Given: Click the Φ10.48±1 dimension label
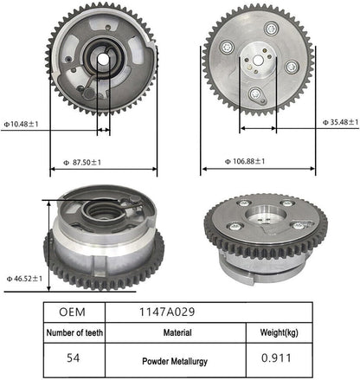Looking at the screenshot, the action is click(21, 125).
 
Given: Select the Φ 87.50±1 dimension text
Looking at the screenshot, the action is click(82, 163).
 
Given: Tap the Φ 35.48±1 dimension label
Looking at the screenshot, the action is click(340, 122).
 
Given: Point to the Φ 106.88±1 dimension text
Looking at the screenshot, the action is click(245, 161).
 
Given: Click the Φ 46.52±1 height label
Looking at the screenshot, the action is click(24, 279).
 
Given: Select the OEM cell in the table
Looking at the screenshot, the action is click(72, 312).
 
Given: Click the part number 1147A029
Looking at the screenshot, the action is click(167, 312).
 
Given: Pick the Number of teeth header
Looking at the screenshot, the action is click(74, 332).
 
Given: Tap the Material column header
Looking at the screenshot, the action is click(177, 332).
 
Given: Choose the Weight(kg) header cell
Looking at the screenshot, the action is click(279, 332).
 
